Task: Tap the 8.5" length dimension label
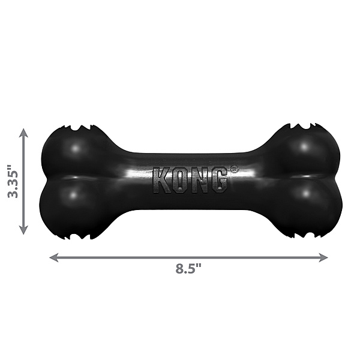(x=188, y=268)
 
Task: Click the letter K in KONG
(x=162, y=179)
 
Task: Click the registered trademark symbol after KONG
(x=233, y=170)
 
